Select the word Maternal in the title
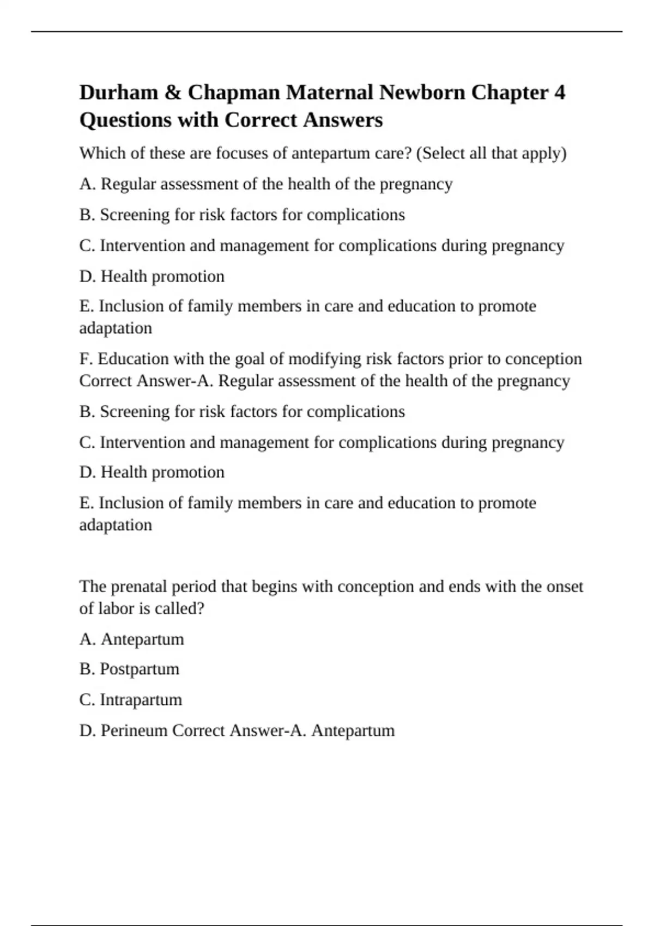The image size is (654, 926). (x=330, y=92)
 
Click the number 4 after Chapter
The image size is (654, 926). (x=560, y=92)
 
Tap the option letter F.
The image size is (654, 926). (x=85, y=359)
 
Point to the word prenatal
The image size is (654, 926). (x=138, y=587)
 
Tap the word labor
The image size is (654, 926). (x=115, y=608)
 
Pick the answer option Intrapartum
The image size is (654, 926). (x=141, y=699)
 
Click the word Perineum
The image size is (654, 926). (x=134, y=730)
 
